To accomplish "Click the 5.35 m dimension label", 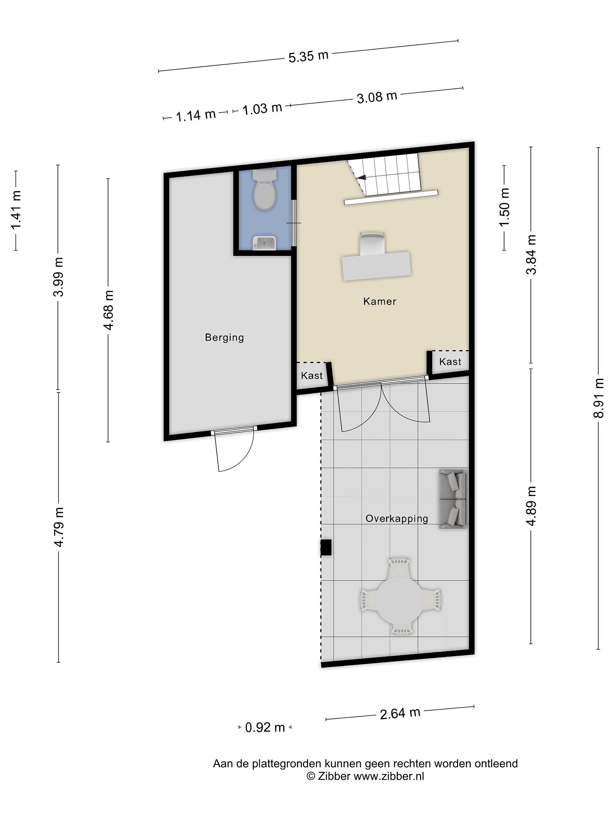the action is [308, 56].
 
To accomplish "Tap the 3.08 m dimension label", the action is [377, 97].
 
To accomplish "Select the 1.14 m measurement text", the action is [195, 115].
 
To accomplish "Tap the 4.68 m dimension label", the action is [108, 310].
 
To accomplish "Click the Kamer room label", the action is [380, 301].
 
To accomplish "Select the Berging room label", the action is [224, 337].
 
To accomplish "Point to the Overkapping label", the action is [397, 519].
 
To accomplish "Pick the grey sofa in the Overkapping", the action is [453, 499].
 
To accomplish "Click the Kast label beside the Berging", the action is [312, 375].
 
